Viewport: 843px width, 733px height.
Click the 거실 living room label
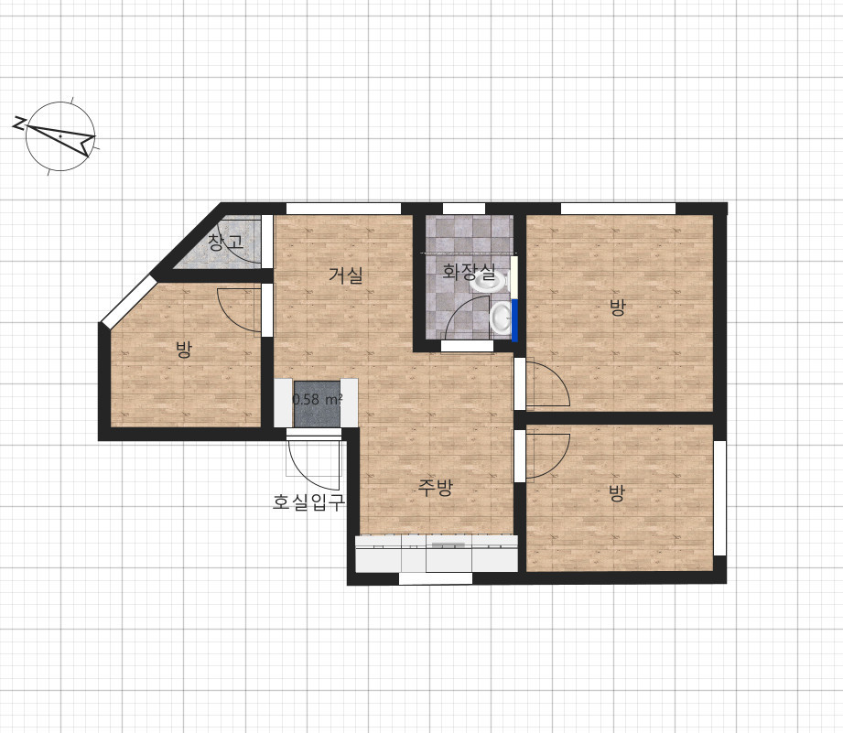point(346,275)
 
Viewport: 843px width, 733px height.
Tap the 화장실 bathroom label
point(469,272)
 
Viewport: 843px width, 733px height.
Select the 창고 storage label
point(226,242)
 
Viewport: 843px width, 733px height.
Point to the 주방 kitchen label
point(436,488)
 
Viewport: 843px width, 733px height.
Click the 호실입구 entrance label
point(308,501)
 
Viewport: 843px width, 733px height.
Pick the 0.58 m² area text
point(318,400)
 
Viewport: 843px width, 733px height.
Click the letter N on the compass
point(19,124)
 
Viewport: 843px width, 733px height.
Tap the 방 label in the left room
point(184,350)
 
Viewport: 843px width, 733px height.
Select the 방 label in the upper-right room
point(617,307)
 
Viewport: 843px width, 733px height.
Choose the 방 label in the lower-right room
point(617,492)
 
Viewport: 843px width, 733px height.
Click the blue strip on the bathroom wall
point(514,320)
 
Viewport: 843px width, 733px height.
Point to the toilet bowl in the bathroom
point(501,317)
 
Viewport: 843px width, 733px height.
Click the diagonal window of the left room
point(127,301)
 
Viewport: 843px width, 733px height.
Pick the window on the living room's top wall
point(343,209)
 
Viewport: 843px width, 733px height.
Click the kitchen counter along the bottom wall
point(436,554)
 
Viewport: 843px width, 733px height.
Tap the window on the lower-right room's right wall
point(719,498)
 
